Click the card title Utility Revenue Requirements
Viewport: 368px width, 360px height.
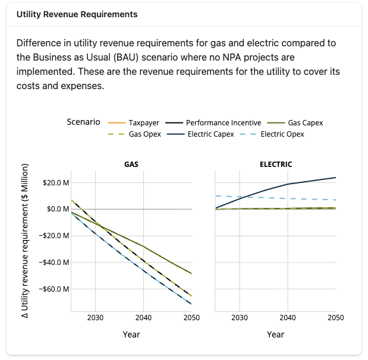77,14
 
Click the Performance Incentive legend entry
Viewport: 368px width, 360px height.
223,123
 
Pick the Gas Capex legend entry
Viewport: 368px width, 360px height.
305,123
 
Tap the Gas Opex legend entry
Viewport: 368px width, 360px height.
144,134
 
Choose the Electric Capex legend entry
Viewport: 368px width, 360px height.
210,134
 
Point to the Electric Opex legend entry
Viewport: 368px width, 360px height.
282,134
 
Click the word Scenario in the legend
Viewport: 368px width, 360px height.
83,122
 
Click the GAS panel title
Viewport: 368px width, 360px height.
131,164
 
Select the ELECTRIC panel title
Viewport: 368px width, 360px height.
276,164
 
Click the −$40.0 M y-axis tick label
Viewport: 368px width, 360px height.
55,263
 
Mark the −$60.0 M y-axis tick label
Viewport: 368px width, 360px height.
55,289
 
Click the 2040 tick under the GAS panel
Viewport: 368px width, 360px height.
143,318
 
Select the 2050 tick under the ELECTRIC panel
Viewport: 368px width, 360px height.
335,318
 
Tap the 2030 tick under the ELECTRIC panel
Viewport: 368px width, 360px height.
240,318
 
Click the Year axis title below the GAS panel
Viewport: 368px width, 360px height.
131,334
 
